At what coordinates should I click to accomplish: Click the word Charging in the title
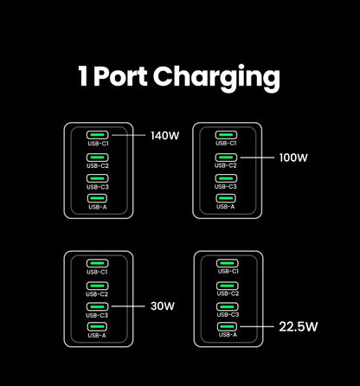pos(217,78)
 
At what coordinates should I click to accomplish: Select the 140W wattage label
pos(164,136)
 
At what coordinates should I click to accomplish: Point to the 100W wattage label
pos(293,158)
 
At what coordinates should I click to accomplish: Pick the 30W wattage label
pos(162,306)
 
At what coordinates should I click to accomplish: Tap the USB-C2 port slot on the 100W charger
pos(226,158)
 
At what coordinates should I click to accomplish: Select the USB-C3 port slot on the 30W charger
pos(98,306)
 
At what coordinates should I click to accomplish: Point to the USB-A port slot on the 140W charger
pos(98,199)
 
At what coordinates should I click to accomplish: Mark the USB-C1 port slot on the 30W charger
pos(98,263)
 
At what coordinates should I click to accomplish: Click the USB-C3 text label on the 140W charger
pos(98,187)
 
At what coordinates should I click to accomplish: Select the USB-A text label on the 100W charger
pos(226,208)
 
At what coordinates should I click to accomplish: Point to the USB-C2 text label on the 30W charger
pos(98,294)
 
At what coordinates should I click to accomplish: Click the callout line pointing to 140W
pos(127,136)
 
